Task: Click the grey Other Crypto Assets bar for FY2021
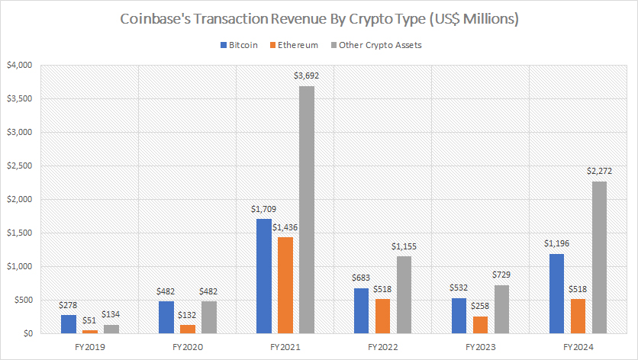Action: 307,210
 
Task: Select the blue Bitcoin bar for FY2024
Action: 557,294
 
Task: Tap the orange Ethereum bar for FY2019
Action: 90,332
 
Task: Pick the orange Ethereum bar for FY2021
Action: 285,285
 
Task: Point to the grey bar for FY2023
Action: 501,309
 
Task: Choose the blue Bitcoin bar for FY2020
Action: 166,317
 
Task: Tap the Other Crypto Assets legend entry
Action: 379,45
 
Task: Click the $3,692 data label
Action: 307,76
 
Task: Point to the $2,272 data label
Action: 599,172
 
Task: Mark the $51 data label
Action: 90,320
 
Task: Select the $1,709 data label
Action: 264,209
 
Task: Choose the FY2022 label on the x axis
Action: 382,347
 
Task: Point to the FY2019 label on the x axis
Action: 89,347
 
